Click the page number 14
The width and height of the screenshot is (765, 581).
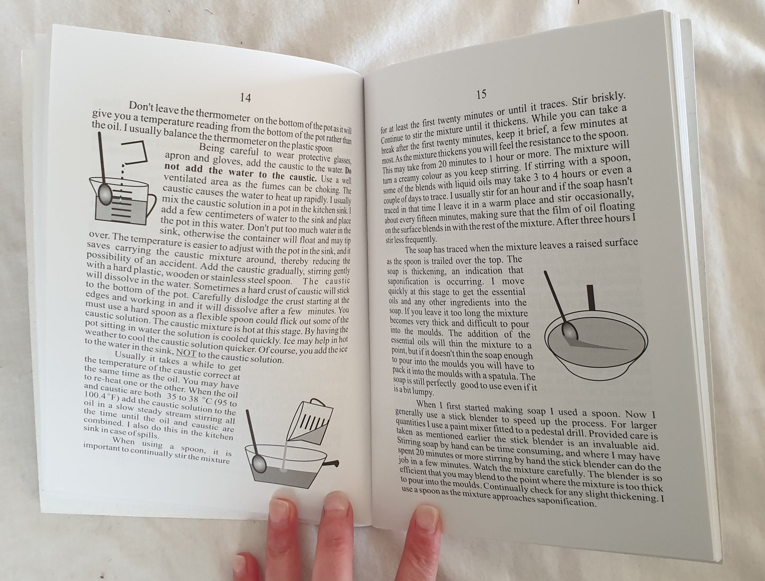[246, 98]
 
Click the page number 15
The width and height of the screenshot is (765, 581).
[481, 94]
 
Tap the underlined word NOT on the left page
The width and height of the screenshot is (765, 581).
[186, 352]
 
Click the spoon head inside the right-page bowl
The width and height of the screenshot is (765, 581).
[570, 331]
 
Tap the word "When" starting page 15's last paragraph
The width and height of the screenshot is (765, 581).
[425, 404]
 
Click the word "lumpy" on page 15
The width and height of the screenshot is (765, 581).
[422, 392]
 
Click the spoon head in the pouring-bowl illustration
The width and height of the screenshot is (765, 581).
[259, 464]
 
